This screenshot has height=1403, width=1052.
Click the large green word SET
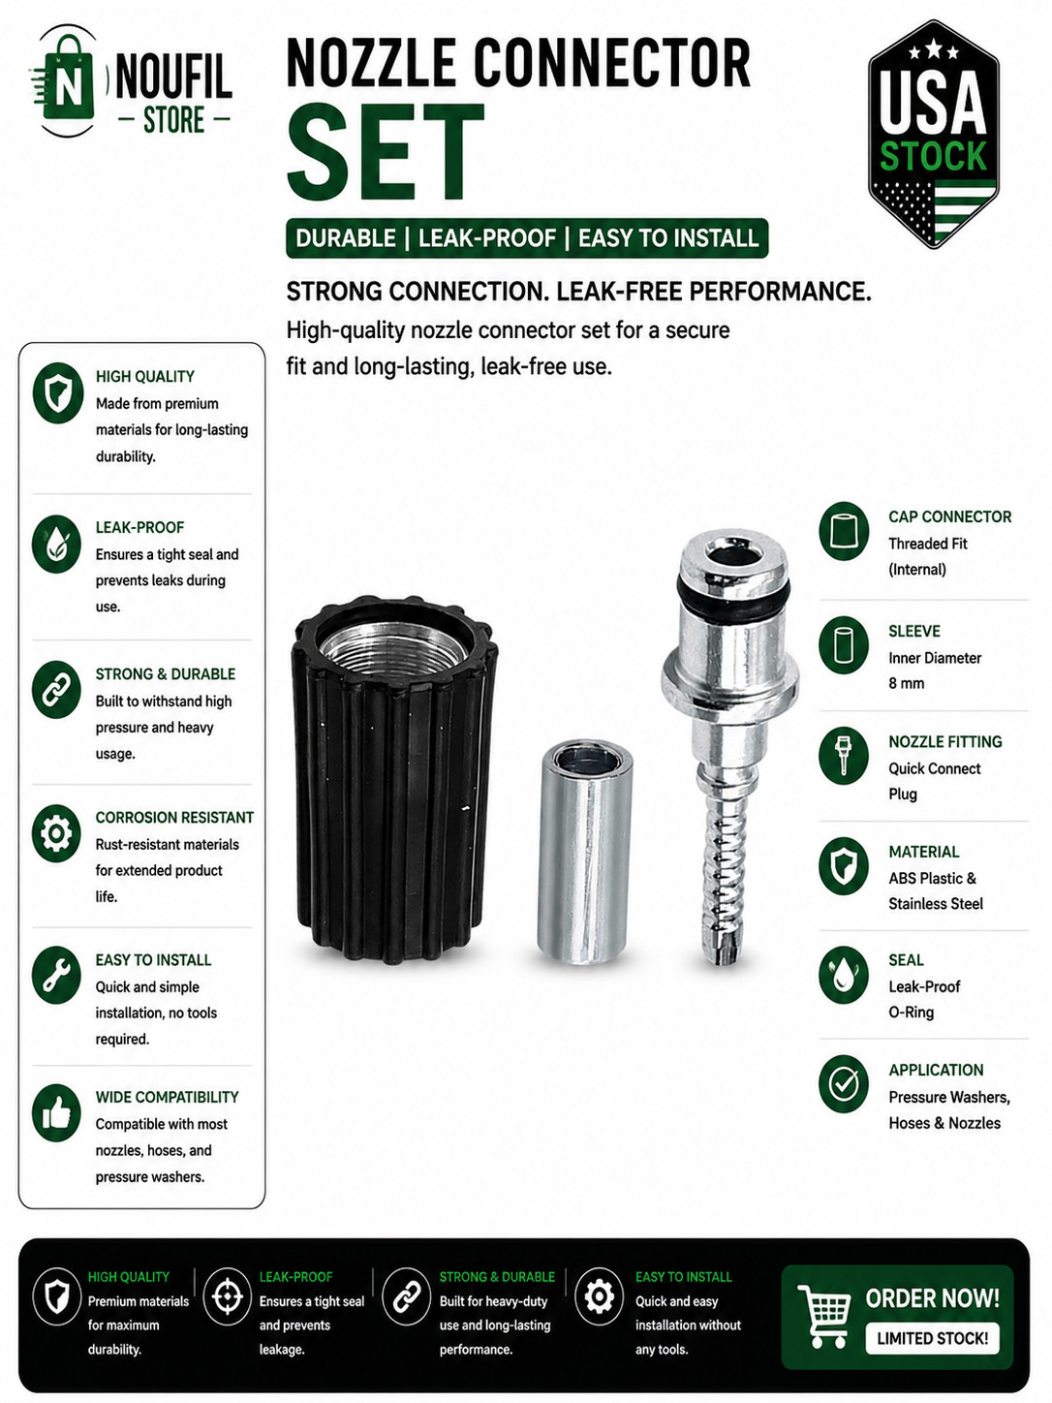(386, 152)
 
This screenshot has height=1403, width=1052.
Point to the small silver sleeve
(584, 851)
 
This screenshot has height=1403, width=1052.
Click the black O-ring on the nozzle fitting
(733, 591)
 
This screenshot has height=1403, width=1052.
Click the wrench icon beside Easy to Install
(56, 974)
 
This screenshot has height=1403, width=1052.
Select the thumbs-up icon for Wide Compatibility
(56, 1113)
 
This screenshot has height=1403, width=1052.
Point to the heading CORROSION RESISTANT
(174, 817)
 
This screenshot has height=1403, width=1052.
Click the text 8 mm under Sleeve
(906, 683)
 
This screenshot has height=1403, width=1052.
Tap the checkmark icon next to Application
(843, 1083)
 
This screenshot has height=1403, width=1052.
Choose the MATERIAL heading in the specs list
(923, 852)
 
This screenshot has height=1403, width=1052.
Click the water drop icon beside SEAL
(843, 975)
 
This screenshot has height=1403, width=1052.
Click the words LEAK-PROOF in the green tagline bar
(486, 238)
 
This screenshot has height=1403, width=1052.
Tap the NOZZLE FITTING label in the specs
(945, 741)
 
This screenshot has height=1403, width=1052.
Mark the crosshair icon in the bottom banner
(228, 1296)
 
